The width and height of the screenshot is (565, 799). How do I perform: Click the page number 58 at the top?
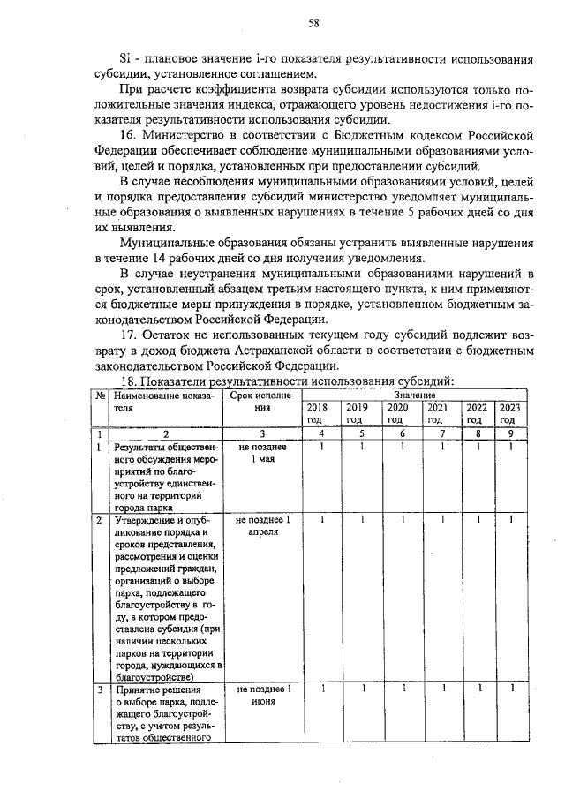(x=313, y=23)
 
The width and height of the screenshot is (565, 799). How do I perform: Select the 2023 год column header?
(x=510, y=413)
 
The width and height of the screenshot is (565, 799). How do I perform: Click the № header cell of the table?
(x=101, y=396)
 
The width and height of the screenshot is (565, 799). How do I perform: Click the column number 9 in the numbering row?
(x=510, y=434)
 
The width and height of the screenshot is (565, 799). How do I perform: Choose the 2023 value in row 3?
(x=510, y=689)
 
